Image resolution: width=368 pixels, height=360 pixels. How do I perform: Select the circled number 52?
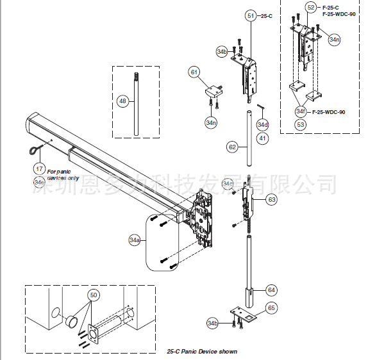[311, 7]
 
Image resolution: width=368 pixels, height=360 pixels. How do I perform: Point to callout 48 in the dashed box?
[123, 101]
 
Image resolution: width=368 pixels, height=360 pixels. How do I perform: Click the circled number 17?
[40, 168]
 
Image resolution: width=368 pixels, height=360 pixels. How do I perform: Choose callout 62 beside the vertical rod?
[232, 147]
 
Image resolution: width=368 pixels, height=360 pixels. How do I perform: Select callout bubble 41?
[263, 137]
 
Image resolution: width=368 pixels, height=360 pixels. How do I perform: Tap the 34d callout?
[263, 124]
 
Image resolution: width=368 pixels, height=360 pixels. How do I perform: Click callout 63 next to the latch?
[271, 200]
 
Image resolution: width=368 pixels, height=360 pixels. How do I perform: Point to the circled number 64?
[271, 290]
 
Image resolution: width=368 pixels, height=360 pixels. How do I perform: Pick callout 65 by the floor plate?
[271, 308]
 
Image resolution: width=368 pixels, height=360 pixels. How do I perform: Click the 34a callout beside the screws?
[135, 240]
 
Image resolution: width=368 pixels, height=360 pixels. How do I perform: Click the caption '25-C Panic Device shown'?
[201, 351]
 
